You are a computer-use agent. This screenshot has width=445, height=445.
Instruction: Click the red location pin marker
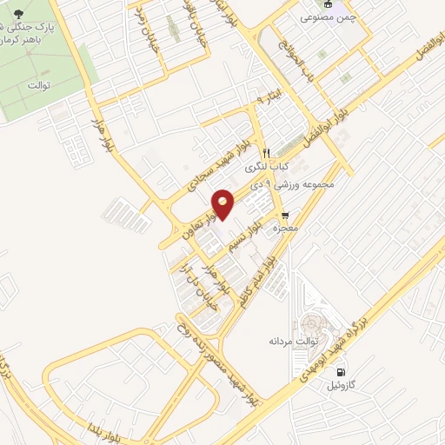click(223, 203)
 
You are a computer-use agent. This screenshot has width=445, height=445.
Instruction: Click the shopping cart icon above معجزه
click(284, 214)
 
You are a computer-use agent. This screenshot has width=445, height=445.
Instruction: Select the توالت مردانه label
click(290, 342)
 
